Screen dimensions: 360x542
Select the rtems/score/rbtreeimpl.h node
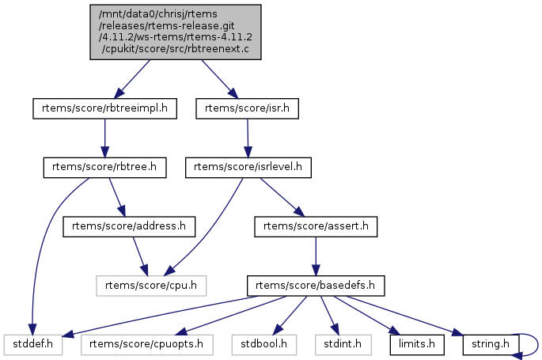point(105,108)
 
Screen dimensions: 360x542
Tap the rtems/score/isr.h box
point(247,108)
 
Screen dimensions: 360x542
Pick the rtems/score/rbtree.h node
point(104,167)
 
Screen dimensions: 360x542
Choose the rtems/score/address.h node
point(129,226)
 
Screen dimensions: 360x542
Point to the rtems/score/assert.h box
point(316,226)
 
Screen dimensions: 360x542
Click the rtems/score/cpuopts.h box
point(146,344)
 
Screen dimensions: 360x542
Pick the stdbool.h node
point(264,344)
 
